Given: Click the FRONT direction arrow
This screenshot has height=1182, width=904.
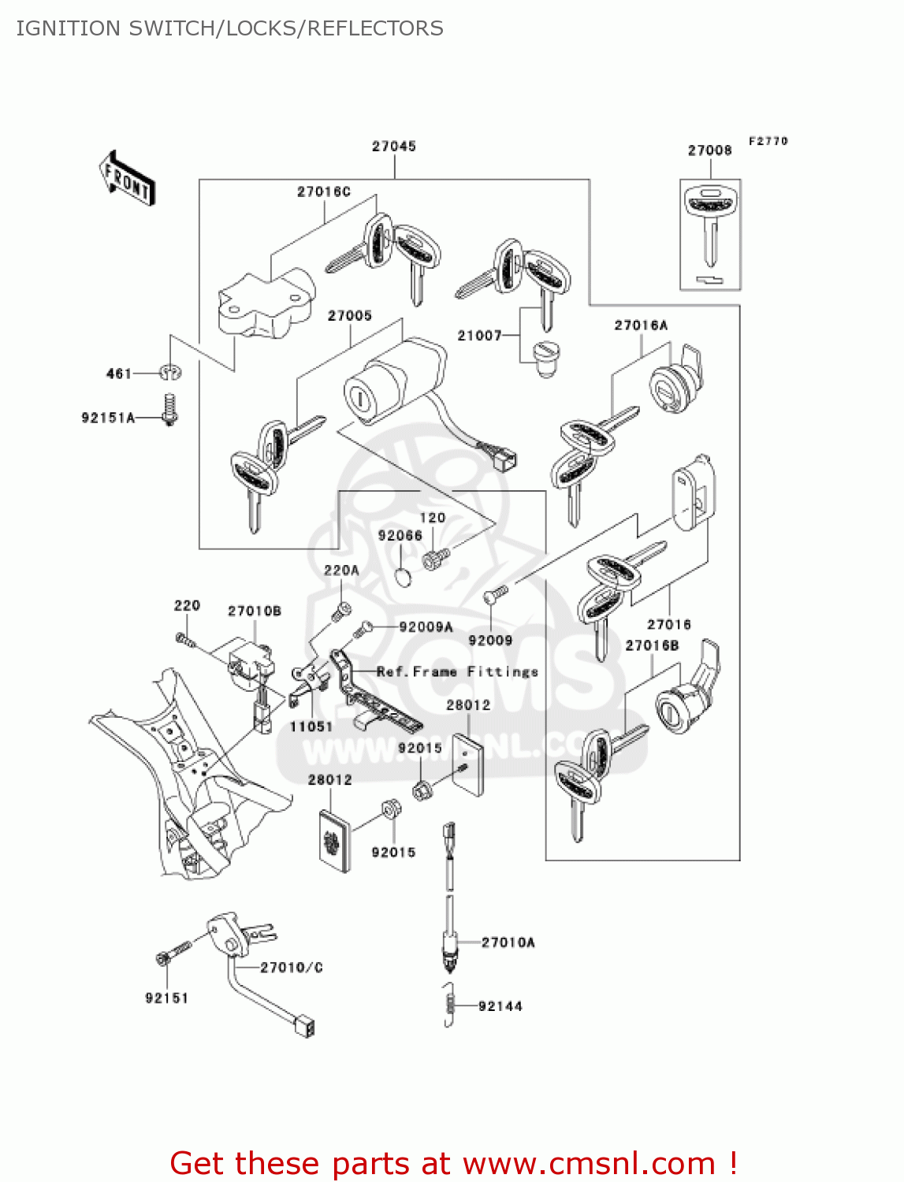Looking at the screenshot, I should click(x=127, y=179).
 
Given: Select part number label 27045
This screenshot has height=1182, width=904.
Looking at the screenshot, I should click(x=393, y=146).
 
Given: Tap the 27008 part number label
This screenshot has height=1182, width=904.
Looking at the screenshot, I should click(x=709, y=150).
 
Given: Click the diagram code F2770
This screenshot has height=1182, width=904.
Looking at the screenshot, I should click(x=768, y=141).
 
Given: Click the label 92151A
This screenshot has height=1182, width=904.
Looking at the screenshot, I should click(x=108, y=418).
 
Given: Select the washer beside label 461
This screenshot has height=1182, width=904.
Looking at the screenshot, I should click(x=169, y=372).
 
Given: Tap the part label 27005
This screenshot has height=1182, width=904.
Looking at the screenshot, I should click(x=349, y=315).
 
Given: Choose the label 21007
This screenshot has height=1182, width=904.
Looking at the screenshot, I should click(x=479, y=336).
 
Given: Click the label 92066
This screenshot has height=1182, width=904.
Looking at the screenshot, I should click(x=400, y=535).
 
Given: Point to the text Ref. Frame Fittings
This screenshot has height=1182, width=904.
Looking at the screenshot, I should click(x=457, y=671).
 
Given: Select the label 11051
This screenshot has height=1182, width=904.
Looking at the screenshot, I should click(x=311, y=727).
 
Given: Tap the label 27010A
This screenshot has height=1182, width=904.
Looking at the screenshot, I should click(x=508, y=942).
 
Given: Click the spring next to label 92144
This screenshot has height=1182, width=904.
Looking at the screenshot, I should click(x=449, y=1005).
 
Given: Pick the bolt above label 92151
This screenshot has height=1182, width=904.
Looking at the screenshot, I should click(x=173, y=952).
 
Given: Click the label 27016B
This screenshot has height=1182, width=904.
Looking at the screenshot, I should click(x=652, y=645).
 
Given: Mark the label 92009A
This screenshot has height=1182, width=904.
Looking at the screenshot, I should click(x=426, y=627).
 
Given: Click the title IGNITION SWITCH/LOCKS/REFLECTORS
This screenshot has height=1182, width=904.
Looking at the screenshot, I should click(x=229, y=28).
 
